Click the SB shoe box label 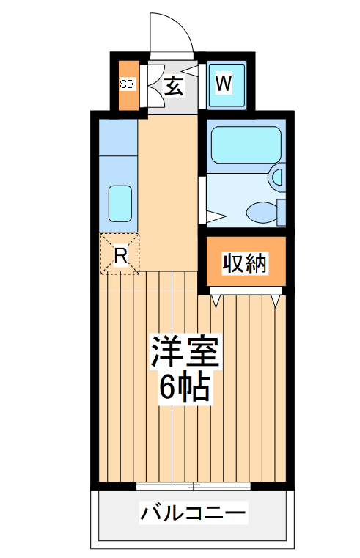127,84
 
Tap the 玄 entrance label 174,87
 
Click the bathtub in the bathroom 245,145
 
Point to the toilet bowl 261,213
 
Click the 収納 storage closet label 245,263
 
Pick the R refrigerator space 120,254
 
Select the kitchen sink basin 120,203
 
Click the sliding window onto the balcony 194,485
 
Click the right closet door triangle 276,299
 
